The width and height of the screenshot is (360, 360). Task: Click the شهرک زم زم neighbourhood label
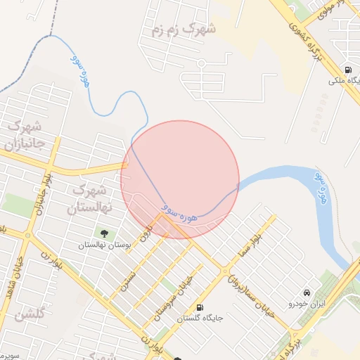(181, 30)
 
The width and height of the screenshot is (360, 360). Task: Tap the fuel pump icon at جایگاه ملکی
(348, 70)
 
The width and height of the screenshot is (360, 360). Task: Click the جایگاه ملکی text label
(345, 80)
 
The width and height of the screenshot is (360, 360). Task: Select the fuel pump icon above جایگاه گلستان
(201, 307)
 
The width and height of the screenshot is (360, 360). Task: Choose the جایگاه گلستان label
(200, 318)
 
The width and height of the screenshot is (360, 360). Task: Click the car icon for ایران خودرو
(307, 292)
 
